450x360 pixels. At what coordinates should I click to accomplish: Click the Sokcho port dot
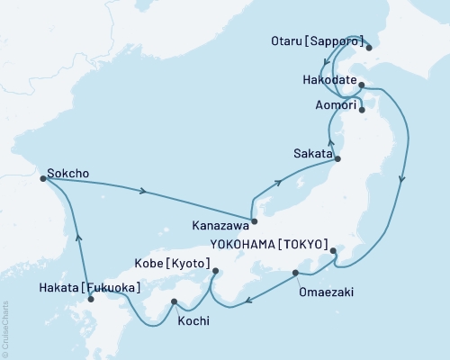43,178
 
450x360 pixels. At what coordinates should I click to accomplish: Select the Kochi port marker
174,301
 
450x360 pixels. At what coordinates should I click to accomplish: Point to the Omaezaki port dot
295,273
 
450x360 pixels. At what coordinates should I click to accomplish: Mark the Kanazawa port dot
255,220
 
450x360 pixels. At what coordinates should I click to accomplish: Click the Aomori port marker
361,111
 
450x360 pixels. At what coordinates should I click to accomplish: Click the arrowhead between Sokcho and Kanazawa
143,190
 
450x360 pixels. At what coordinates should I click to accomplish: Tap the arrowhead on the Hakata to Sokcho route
79,238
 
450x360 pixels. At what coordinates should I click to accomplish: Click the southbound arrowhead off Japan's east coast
401,178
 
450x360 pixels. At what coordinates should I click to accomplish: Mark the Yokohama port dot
332,251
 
